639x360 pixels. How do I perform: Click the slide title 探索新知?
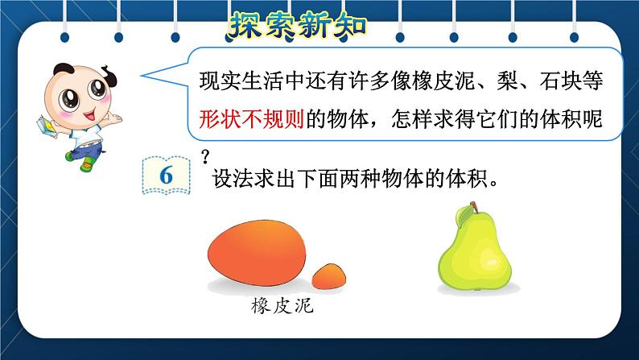298,25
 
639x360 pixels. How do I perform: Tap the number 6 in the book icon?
167,176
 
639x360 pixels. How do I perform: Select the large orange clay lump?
257,253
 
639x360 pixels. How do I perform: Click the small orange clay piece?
329,276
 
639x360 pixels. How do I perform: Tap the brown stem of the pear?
474,207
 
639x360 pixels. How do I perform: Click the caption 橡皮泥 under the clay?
282,306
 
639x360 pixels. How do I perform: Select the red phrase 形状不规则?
252,119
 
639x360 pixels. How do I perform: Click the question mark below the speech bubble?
205,156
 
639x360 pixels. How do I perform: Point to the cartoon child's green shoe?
87,163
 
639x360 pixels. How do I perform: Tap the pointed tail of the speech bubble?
142,76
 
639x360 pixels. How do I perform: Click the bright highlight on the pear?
489,257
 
